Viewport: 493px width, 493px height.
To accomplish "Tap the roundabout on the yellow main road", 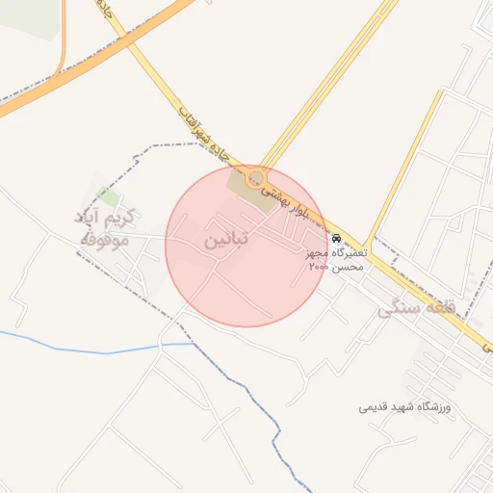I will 255,178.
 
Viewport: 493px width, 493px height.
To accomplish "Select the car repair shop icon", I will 335,238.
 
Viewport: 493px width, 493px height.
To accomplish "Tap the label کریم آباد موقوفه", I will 107,227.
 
